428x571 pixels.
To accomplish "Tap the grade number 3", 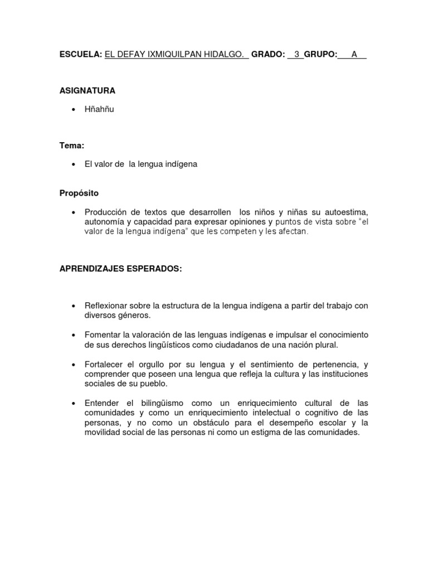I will pos(297,54).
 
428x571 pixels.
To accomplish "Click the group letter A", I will pos(354,54).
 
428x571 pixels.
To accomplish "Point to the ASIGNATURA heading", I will pos(87,90).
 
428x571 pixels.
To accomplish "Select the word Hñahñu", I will pos(99,109).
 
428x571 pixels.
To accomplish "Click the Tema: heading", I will pos(72,146).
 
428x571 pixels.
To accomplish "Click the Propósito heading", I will pos(79,193).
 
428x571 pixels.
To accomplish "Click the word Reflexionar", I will pos(106,306).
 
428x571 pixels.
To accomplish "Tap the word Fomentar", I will pos(103,335).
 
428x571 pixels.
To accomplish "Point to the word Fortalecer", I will pos(104,364).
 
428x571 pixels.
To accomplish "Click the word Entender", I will pos(102,403).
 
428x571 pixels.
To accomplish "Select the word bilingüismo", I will pos(160,403).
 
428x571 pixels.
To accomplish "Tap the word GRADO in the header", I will pos(268,54).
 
